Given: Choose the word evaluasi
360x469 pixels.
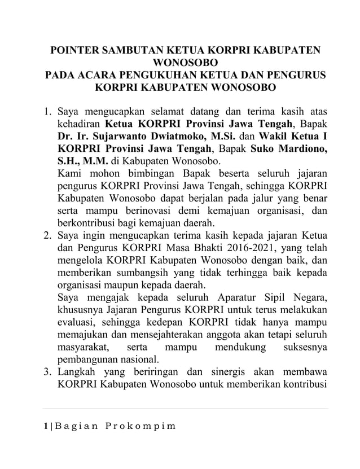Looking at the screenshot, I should click(78, 323).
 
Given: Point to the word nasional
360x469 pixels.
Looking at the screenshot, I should click(138, 360).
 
